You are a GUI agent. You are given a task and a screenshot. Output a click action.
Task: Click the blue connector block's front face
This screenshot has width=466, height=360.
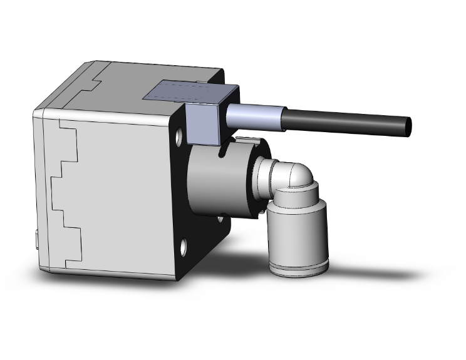[202, 124]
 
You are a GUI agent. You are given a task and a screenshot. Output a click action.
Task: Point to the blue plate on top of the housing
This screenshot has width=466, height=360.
[182, 92]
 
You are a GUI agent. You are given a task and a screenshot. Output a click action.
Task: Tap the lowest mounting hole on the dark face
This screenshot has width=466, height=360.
[184, 247]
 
